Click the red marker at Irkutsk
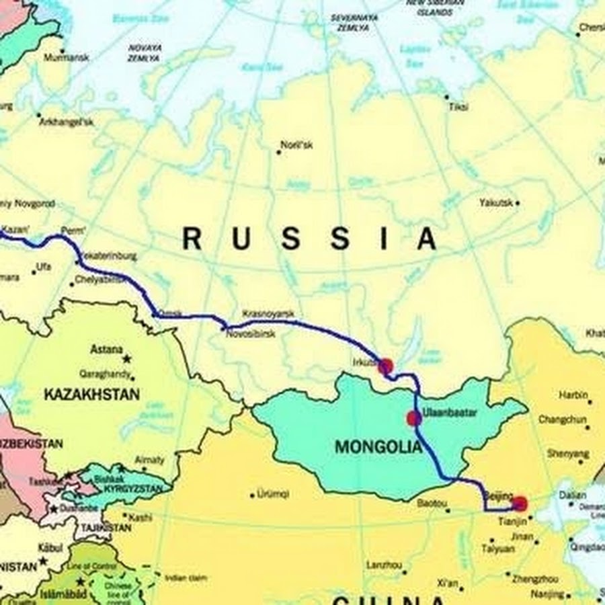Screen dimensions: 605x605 click(385, 366)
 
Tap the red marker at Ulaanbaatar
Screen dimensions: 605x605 click(413, 419)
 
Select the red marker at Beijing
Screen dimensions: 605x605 click(520, 503)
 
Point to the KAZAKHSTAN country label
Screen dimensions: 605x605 click(91, 395)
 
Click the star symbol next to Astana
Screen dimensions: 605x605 click(126, 360)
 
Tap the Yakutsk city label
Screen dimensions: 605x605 click(496, 202)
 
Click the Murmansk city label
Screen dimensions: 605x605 click(66, 58)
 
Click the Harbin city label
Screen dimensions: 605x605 click(572, 395)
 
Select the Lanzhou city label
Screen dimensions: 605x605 click(385, 565)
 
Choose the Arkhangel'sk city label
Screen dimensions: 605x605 click(66, 122)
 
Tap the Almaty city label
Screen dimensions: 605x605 click(149, 460)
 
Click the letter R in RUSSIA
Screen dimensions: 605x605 click(192, 239)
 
